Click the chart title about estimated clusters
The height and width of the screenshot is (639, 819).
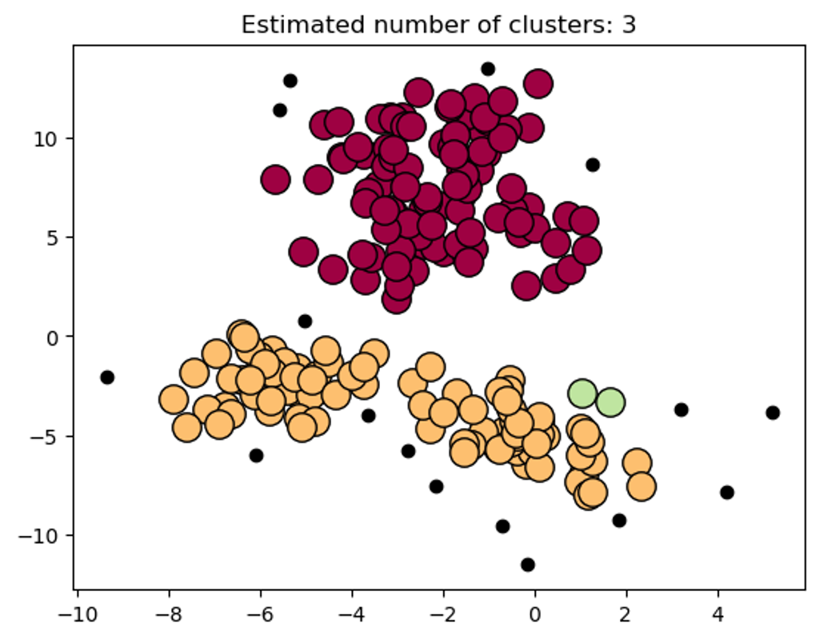[x=438, y=25]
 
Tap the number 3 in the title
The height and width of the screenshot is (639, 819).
[x=629, y=25]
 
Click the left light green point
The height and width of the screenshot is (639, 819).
[x=582, y=393]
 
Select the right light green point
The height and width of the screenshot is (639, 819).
[x=610, y=402]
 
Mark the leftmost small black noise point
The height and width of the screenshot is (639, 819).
[x=107, y=377]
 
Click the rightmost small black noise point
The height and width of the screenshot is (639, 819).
[x=773, y=413]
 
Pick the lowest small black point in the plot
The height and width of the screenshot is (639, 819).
[x=528, y=565]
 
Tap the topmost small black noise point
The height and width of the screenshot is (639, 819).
[x=488, y=69]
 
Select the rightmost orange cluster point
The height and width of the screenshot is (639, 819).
[x=641, y=485]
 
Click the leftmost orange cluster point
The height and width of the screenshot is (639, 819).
[x=174, y=399]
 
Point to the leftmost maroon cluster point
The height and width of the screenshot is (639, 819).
[x=275, y=180]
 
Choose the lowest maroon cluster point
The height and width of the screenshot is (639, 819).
[x=396, y=299]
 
